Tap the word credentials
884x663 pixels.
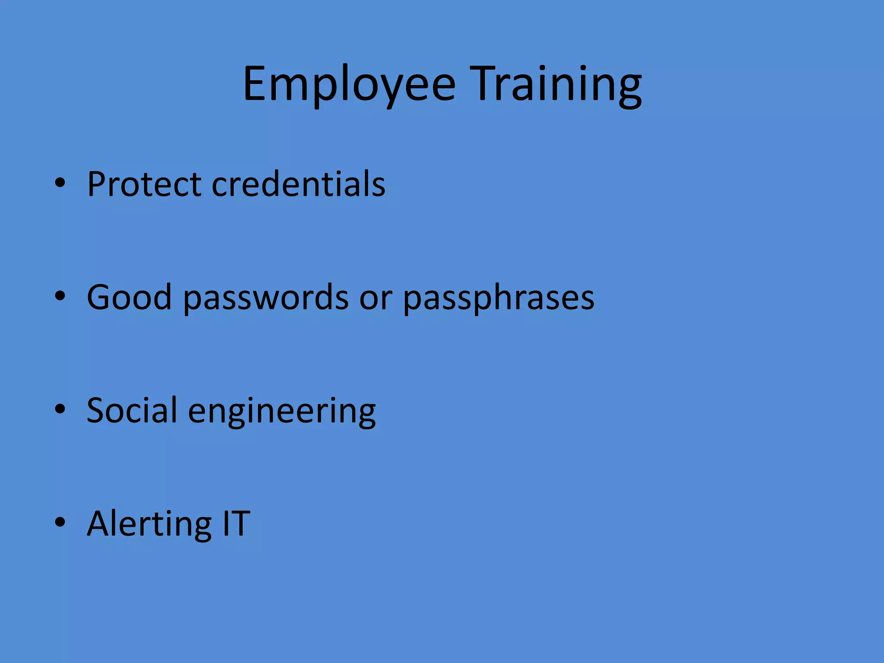[299, 184]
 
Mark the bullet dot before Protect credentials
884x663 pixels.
[60, 183]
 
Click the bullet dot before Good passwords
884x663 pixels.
[60, 296]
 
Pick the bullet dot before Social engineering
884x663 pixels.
[60, 409]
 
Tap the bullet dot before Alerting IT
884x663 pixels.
[60, 521]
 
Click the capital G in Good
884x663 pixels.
[100, 297]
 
